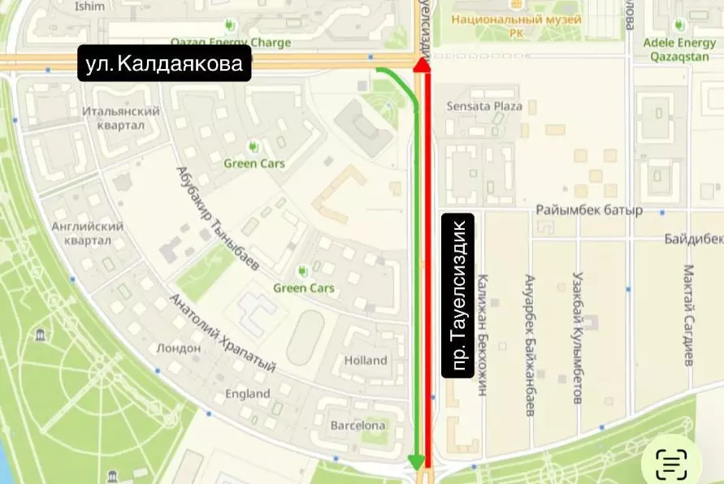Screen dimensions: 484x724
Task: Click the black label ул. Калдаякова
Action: coord(165,63)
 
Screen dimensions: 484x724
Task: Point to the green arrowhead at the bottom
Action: coord(417,462)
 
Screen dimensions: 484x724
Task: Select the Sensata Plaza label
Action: coord(485,106)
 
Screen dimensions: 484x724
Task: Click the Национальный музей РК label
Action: coord(517,25)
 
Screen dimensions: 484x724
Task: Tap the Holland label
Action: coord(366,360)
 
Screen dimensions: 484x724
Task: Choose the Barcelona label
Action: coord(358,425)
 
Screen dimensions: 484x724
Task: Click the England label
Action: coord(248,394)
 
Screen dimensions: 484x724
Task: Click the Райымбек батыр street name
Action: coord(589,210)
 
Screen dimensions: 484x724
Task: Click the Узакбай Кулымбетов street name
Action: coord(579,337)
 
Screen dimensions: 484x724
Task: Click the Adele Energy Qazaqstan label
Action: coord(679,49)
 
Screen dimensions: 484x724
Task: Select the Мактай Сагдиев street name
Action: coord(688,314)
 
